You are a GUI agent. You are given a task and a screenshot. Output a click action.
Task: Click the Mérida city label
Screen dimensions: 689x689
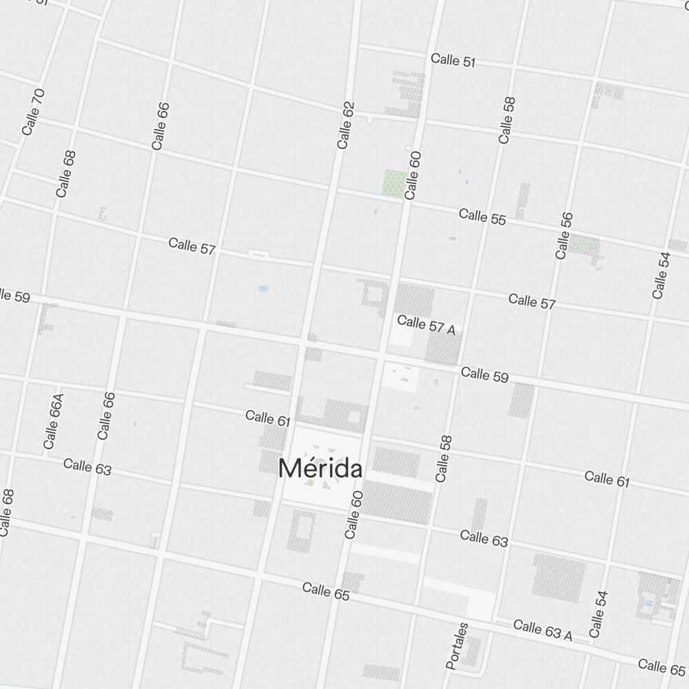tap(320, 469)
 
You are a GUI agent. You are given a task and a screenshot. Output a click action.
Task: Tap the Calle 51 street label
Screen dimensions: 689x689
tap(453, 61)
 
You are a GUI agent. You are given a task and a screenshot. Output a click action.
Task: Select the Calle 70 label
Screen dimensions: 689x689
tap(33, 112)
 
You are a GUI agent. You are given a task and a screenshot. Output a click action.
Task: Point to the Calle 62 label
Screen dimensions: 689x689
tap(346, 125)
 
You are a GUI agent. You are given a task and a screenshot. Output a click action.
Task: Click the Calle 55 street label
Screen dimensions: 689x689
tap(482, 216)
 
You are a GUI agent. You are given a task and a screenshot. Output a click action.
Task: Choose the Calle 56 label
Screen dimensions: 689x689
tap(564, 236)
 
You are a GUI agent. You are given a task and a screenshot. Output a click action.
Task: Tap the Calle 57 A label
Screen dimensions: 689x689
tap(426, 325)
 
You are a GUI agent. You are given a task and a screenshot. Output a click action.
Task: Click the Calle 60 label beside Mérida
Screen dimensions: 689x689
tap(353, 515)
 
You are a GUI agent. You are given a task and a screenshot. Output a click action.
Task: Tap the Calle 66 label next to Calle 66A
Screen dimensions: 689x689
tap(105, 415)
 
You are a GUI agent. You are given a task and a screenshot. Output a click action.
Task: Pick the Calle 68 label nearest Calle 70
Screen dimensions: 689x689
tap(66, 174)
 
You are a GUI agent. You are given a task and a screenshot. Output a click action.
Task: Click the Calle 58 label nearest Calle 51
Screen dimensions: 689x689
tap(506, 120)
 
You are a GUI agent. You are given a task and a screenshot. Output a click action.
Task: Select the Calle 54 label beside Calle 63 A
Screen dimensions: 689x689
tap(598, 614)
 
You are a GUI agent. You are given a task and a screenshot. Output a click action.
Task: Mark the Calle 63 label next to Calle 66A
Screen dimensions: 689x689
tap(88, 466)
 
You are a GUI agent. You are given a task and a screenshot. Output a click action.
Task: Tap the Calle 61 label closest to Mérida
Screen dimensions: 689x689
tap(268, 417)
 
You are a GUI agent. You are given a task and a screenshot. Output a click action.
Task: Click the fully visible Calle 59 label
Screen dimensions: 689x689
tap(484, 375)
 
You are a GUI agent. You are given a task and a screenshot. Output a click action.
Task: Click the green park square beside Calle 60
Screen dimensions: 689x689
tap(394, 182)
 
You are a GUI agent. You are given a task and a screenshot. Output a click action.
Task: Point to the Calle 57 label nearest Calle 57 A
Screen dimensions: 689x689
tap(532, 300)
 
